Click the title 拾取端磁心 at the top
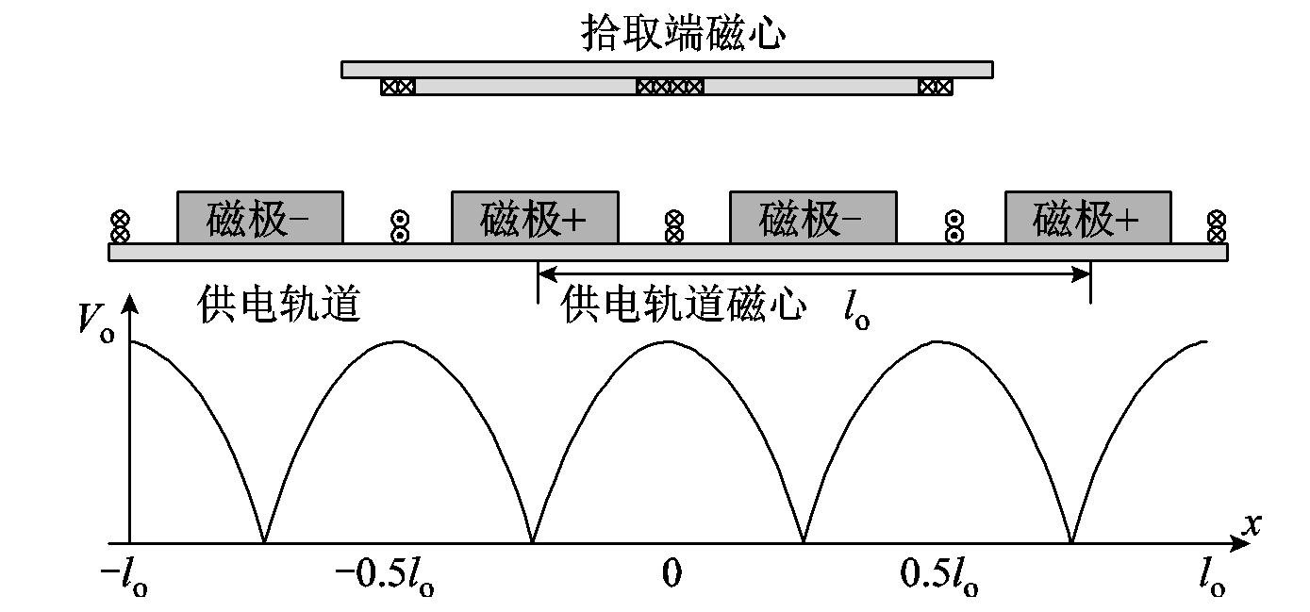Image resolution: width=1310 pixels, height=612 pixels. [x=684, y=34]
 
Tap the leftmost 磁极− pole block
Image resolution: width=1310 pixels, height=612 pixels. [x=260, y=218]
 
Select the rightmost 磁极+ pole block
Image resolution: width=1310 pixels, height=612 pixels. [x=1087, y=218]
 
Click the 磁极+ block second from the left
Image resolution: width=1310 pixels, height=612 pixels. [x=535, y=218]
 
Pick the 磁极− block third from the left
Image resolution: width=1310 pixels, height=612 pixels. [x=812, y=218]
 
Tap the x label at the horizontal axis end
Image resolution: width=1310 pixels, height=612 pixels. [x=1251, y=524]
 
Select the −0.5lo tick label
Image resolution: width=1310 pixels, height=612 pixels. [x=385, y=576]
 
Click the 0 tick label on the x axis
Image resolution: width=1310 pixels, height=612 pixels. [x=671, y=574]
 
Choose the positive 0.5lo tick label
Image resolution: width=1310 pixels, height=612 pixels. [x=939, y=576]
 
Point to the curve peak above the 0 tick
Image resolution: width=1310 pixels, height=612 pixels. [x=668, y=341]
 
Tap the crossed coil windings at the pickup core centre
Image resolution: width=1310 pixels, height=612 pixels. [x=670, y=87]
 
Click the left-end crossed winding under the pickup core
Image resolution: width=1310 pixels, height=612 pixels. [x=397, y=87]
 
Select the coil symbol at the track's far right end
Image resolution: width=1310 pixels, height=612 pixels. [x=1217, y=226]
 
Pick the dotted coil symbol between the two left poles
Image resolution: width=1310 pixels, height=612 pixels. [x=398, y=226]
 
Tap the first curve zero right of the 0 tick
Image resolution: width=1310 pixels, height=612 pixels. [x=803, y=542]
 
